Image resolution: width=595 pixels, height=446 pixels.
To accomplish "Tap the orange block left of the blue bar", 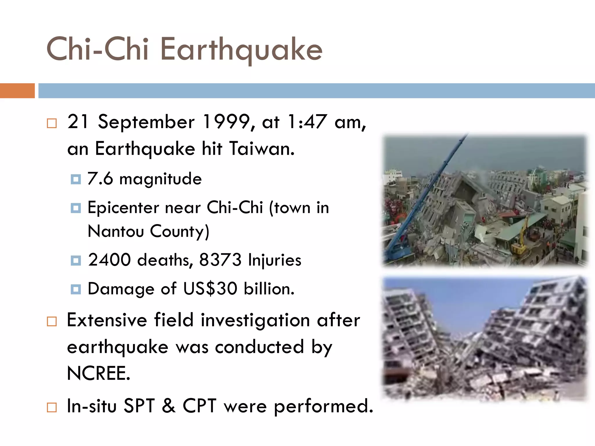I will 17,91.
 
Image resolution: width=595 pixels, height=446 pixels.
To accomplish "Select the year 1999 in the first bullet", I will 227,122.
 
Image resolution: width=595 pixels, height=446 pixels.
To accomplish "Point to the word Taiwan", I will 261,148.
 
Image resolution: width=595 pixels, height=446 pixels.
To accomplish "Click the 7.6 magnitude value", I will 100,178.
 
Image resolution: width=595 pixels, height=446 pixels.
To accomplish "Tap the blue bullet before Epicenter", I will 76,208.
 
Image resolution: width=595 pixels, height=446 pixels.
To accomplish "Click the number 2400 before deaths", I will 110,260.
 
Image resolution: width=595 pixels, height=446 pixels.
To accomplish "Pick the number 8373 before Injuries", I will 220,260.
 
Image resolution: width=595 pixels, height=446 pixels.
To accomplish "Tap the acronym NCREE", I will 98,373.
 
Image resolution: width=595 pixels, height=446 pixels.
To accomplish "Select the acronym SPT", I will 139,406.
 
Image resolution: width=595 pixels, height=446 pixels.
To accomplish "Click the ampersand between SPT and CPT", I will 169,406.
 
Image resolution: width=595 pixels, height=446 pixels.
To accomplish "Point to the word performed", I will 323,406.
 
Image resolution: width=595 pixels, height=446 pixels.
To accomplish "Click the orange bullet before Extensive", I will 52,321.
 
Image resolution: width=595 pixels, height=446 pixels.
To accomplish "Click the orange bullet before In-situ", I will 52,407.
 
